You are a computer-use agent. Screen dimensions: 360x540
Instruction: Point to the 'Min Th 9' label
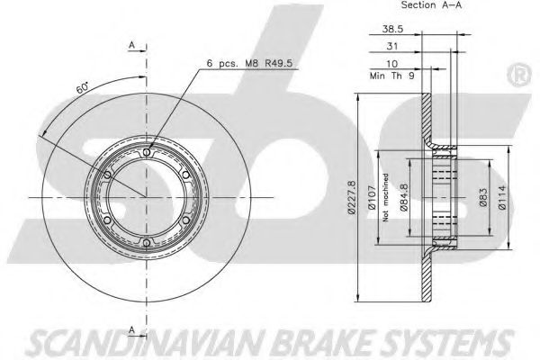pyautogui.click(x=388, y=76)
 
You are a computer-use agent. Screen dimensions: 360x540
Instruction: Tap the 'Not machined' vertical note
pyautogui.click(x=384, y=197)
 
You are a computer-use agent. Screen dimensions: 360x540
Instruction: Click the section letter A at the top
pyautogui.click(x=132, y=44)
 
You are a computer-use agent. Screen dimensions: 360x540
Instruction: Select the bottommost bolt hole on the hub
pyautogui.click(x=147, y=242)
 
